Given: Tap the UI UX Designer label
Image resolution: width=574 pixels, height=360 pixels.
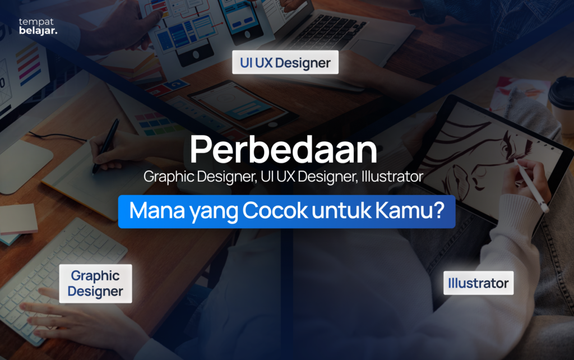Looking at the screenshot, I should point(285,63).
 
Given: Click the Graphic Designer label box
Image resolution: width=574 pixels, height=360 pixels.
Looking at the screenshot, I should point(95,284).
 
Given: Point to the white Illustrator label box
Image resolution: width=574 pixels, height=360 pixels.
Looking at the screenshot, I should point(478,283).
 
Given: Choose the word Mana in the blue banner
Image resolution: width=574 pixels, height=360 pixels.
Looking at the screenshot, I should point(151,211).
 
